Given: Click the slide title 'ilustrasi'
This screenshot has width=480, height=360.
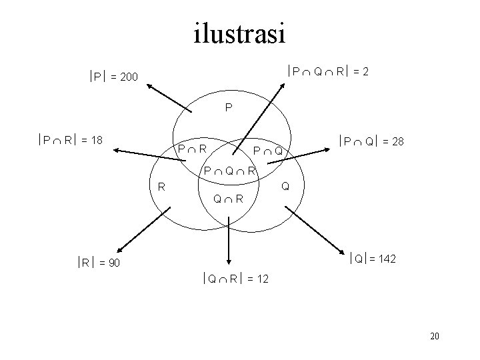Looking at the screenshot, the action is coord(239,33).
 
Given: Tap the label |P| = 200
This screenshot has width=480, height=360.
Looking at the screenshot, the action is coord(114,77).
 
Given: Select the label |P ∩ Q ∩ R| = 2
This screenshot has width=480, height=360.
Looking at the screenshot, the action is coord(327,71).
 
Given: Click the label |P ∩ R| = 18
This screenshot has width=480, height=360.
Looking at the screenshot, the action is coord(70,140).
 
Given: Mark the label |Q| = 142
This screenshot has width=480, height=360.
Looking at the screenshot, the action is coord(373,258).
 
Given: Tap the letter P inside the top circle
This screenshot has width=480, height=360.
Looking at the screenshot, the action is coord(229,107).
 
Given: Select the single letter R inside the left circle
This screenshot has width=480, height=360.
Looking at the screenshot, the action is coord(162,186).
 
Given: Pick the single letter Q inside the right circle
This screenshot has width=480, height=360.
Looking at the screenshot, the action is coord(285,186).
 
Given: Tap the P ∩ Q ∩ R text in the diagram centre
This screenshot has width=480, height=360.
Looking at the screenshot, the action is coord(231,171).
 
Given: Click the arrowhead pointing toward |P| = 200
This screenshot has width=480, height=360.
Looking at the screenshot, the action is coord(150,85).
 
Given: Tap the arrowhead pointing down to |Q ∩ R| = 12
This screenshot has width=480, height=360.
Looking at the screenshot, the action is coord(229,263).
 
